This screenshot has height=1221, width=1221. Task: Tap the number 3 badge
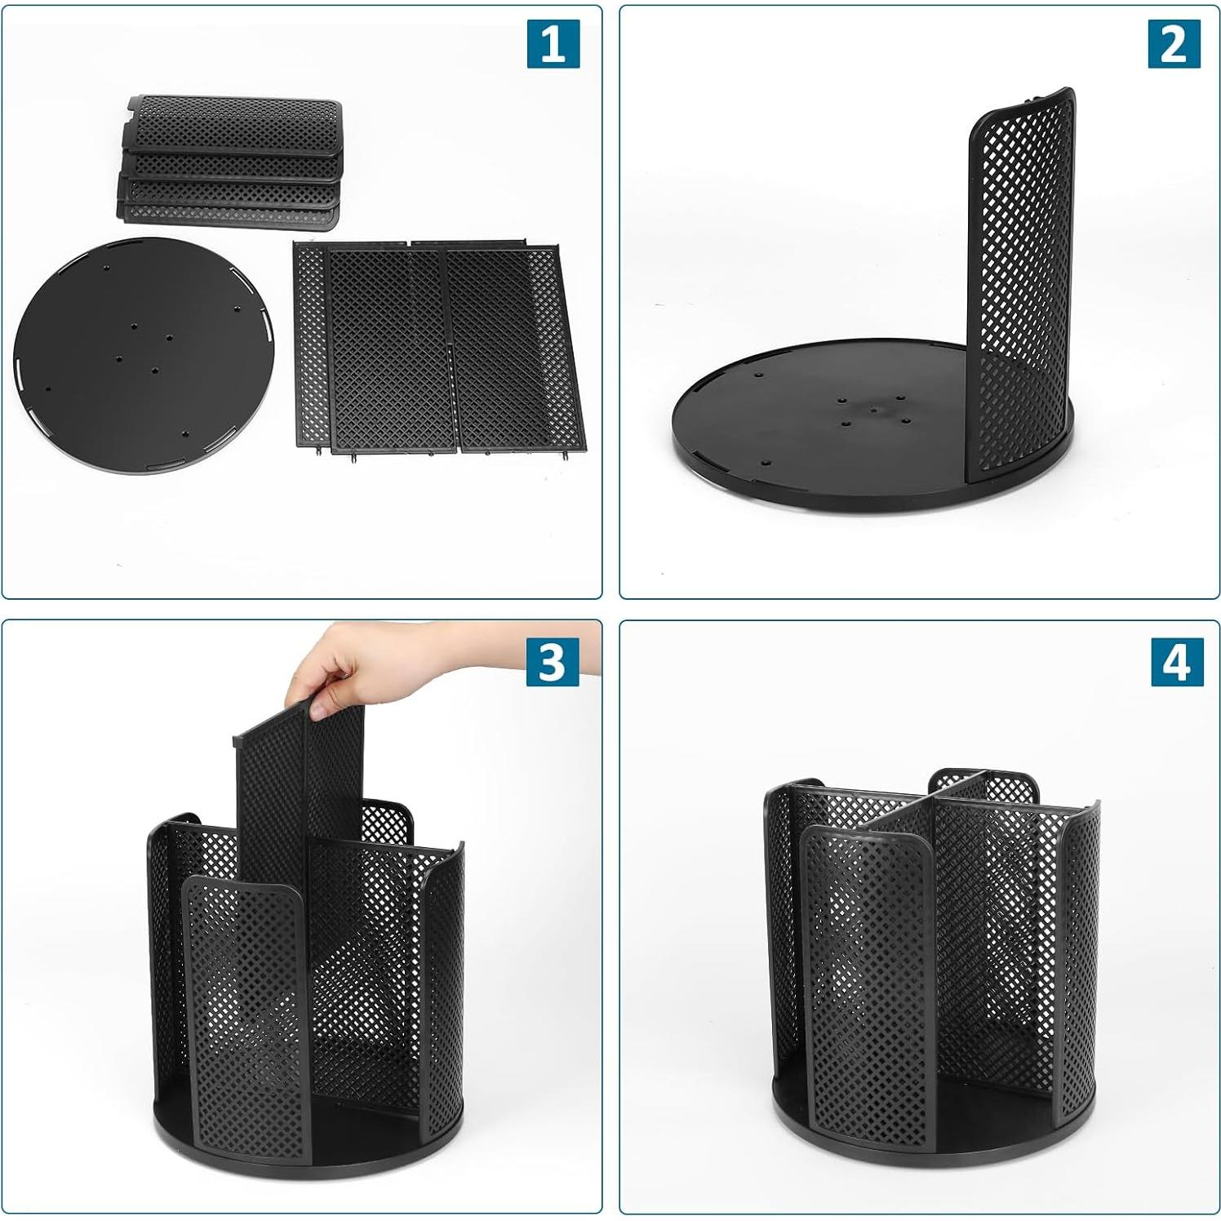pos(553,661)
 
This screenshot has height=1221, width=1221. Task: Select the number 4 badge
pos(1175,661)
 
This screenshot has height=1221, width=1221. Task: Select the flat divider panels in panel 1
pos(437,347)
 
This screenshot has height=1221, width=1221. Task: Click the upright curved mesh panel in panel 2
pos(1020,277)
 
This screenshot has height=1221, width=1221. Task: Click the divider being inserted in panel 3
pos(298,784)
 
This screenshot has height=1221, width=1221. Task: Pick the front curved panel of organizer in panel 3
pos(245,1004)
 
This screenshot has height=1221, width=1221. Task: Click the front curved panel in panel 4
pos(865,979)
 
